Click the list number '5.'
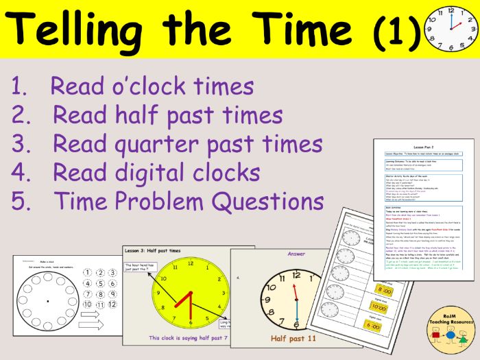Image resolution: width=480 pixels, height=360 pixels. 21,202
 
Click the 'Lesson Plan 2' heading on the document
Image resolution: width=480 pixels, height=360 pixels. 424,146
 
